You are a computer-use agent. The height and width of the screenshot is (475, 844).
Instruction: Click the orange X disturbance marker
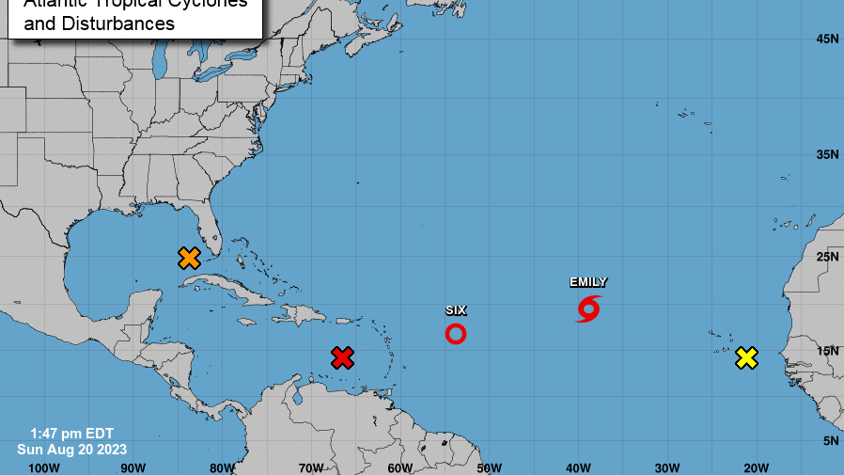click(189, 258)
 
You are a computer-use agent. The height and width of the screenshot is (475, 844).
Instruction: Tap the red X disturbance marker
click(343, 357)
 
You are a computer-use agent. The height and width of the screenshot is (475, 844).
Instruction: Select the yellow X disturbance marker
click(746, 357)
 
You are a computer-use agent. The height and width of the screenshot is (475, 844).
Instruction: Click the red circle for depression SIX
click(455, 333)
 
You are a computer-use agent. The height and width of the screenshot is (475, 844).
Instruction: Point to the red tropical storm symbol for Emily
click(588, 308)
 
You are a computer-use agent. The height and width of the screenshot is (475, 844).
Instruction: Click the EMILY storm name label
click(588, 282)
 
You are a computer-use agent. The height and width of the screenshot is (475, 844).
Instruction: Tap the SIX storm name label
click(455, 309)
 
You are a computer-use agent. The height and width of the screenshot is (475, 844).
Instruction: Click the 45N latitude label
click(827, 39)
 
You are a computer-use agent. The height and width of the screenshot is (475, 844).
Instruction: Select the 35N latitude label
click(827, 154)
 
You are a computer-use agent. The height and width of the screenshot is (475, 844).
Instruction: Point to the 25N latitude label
click(827, 257)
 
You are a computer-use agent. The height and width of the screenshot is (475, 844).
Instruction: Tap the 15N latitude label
click(827, 351)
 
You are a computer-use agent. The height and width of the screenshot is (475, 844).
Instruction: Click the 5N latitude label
click(831, 441)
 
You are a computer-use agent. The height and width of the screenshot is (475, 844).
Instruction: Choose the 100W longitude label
click(44, 467)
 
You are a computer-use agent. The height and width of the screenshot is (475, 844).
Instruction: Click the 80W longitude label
click(222, 467)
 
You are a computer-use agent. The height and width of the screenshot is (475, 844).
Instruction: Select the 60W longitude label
click(399, 467)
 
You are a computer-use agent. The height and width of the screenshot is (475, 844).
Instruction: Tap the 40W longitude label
click(578, 467)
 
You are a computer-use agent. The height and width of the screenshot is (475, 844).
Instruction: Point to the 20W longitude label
click(756, 467)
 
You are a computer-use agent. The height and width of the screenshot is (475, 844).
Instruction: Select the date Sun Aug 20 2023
click(71, 450)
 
